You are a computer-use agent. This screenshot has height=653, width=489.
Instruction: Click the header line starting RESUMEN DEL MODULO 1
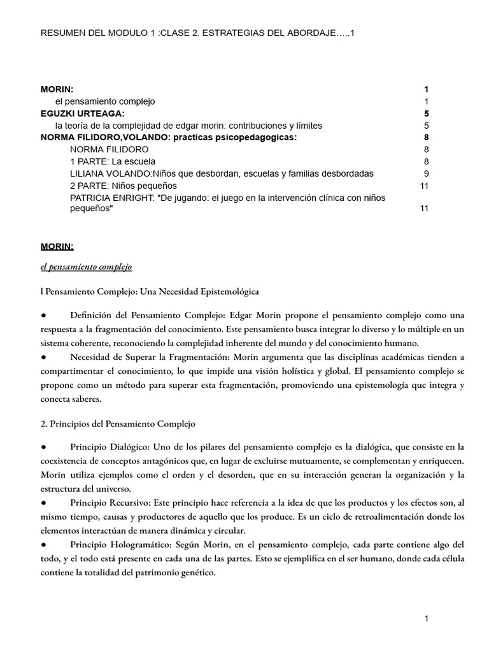click(x=197, y=33)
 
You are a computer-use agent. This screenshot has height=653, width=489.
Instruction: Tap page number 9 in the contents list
click(x=426, y=173)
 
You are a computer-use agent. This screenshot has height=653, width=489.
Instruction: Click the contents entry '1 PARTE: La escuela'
click(x=113, y=161)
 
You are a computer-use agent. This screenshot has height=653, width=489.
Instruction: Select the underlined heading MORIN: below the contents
click(x=57, y=246)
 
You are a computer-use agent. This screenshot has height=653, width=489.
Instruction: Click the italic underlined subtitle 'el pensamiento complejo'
click(x=86, y=267)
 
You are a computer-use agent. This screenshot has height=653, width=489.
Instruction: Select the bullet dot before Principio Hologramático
click(x=43, y=546)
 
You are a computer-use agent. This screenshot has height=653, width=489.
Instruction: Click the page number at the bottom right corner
click(x=427, y=619)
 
